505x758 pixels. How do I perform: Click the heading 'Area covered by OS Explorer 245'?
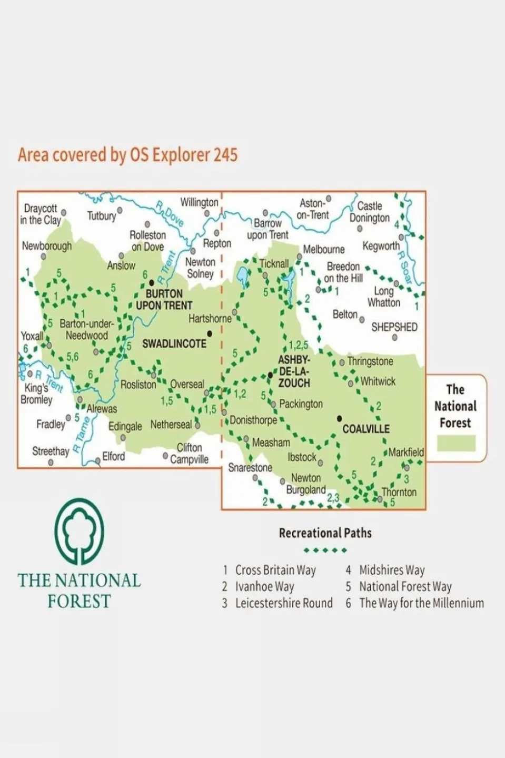pyautogui.click(x=127, y=155)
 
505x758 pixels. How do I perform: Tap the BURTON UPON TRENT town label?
pyautogui.click(x=164, y=300)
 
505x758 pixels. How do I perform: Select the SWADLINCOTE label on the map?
pyautogui.click(x=174, y=343)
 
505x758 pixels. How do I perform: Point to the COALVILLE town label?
pyautogui.click(x=366, y=429)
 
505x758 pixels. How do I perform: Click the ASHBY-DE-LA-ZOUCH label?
pyautogui.click(x=294, y=371)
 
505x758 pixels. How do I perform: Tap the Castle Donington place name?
pyautogui.click(x=370, y=212)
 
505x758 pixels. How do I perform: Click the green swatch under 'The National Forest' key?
pyautogui.click(x=456, y=443)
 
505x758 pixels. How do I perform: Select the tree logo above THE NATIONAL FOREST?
pyautogui.click(x=80, y=530)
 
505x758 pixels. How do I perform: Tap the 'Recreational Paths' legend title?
pyautogui.click(x=325, y=533)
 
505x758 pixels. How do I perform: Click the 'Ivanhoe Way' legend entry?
pyautogui.click(x=264, y=586)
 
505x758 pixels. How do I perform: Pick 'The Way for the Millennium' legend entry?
pyautogui.click(x=421, y=603)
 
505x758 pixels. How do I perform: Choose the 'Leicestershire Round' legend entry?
pyautogui.click(x=283, y=603)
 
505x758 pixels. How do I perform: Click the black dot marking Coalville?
pyautogui.click(x=340, y=418)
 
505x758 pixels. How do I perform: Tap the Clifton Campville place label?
pyautogui.click(x=189, y=454)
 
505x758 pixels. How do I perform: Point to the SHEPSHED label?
pyautogui.click(x=394, y=327)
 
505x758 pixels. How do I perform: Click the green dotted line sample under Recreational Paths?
pyautogui.click(x=325, y=550)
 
